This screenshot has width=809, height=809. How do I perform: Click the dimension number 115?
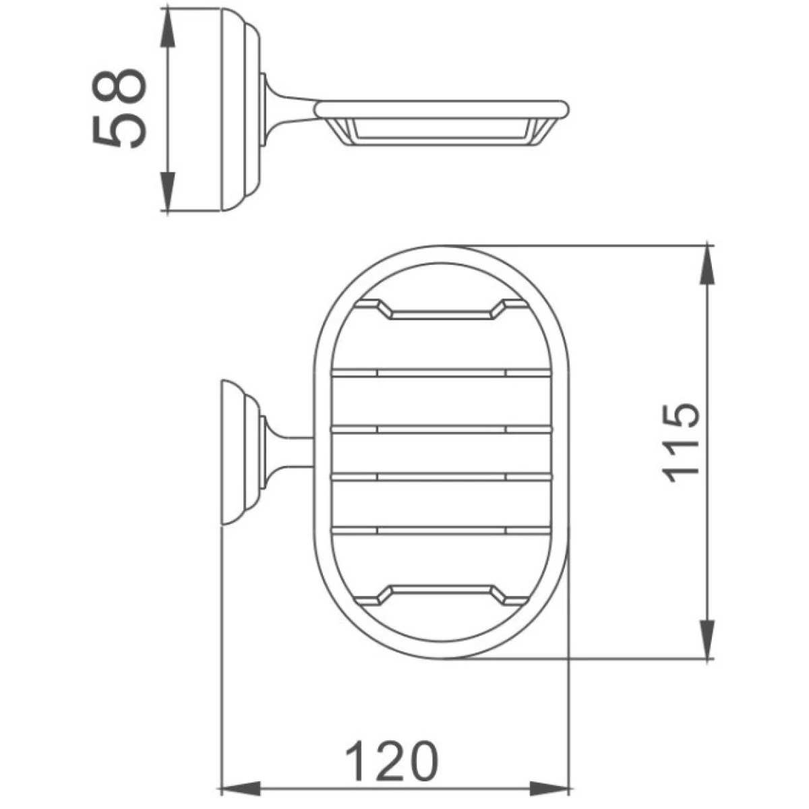point(680,444)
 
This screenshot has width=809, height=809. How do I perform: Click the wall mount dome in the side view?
point(240,110)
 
